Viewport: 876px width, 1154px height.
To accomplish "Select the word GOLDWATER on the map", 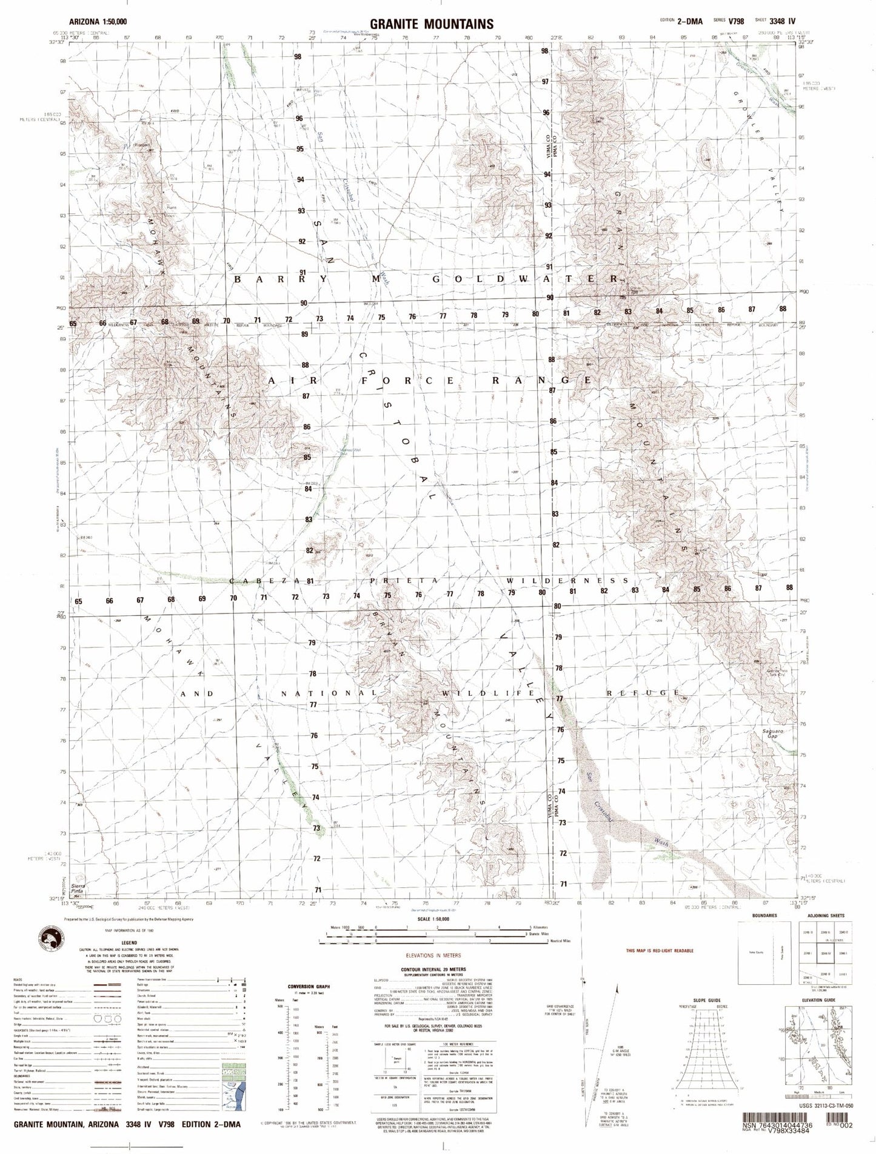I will click(x=525, y=279).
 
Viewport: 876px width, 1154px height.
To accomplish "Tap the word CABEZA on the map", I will click(x=264, y=581).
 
